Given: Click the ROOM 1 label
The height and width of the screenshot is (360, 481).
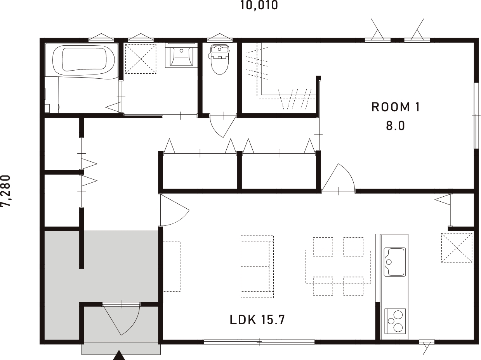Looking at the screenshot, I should click(x=395, y=107).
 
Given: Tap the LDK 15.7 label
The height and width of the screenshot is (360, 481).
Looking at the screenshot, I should click(x=257, y=320).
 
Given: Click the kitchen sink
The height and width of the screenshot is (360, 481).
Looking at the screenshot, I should click(x=394, y=261).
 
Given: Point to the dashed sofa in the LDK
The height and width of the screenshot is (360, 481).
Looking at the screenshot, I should click(x=257, y=266).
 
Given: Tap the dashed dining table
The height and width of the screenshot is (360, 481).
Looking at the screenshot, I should click(x=338, y=266).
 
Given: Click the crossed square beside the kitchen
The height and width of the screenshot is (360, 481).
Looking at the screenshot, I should click(x=457, y=247).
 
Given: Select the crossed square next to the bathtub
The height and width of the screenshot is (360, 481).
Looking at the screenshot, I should click(x=141, y=58).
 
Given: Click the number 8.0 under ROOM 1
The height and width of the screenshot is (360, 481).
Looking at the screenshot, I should click(x=395, y=126).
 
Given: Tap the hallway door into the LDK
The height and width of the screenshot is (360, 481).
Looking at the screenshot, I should click(x=173, y=210).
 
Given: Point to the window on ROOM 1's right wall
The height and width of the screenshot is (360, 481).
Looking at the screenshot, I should click(x=476, y=115).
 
